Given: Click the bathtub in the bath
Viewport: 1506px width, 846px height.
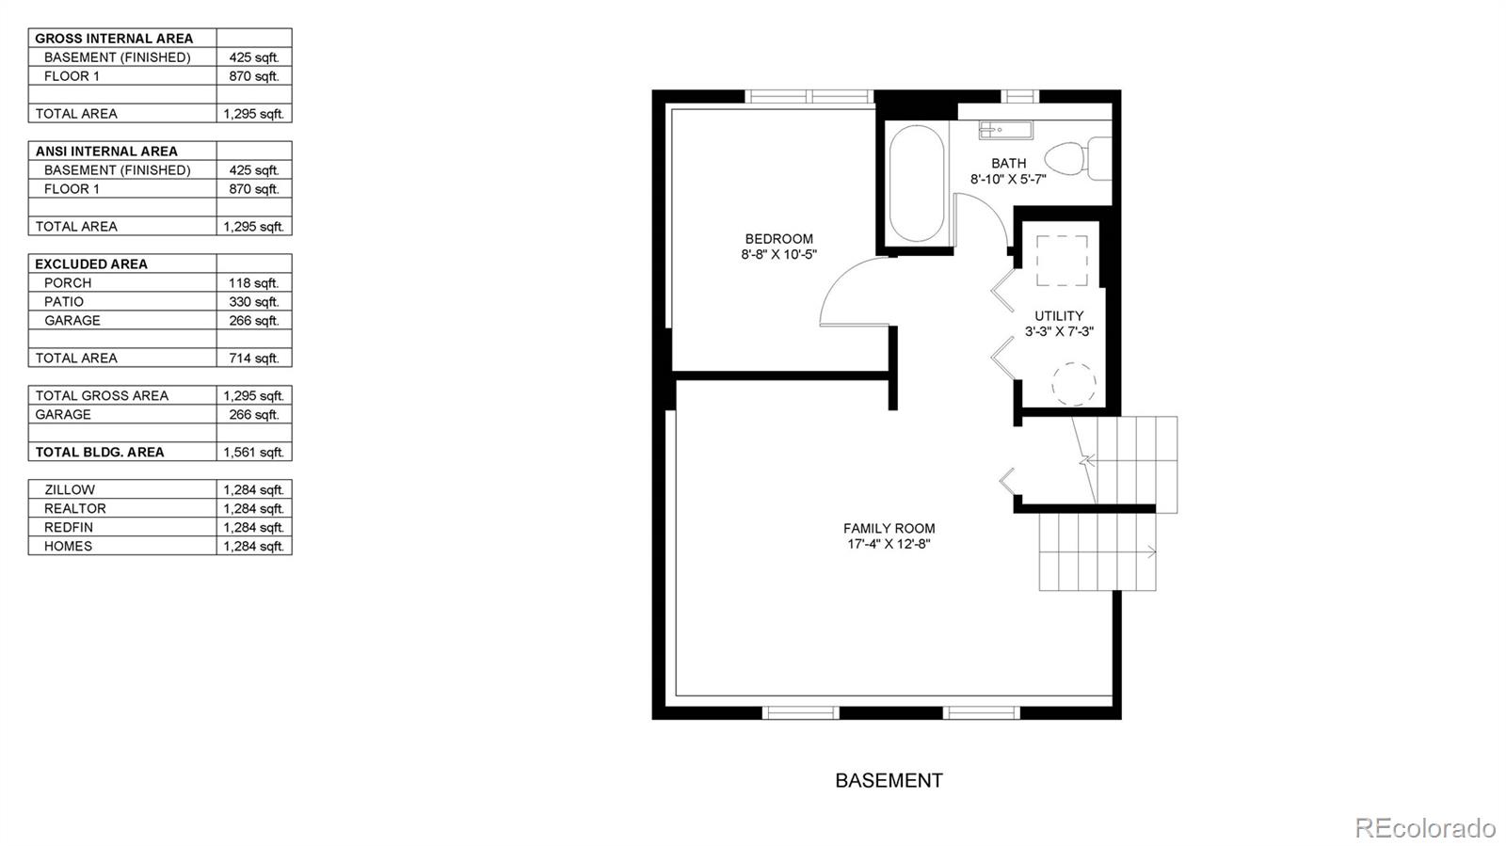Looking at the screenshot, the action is coord(916,183).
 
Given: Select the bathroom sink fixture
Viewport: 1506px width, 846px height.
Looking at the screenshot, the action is coord(1006,130).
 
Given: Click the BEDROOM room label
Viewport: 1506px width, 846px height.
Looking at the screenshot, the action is coord(778,238).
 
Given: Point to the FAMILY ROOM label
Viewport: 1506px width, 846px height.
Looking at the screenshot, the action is coord(889,529).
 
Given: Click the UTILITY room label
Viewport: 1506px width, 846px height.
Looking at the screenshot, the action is coord(1059,316).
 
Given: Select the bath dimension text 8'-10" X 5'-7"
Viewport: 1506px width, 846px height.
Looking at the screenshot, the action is coord(1008,180).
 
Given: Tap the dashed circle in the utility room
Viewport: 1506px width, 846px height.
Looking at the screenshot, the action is coord(1074,384).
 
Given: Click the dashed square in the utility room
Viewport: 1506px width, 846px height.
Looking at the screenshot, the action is coord(1063,261).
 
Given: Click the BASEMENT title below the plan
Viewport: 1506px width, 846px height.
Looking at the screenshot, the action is coord(889,780).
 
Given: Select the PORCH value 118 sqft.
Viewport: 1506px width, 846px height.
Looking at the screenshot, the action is coord(253,283).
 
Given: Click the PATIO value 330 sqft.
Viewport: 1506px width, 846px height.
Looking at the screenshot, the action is coord(253,302).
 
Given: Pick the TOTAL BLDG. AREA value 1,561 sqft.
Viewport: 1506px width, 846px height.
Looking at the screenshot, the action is coord(253,453).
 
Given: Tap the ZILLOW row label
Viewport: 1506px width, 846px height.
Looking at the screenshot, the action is coord(70,490).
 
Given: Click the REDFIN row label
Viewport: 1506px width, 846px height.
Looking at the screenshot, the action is coord(69,528).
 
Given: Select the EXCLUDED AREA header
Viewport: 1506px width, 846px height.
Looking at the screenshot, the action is coord(91,264).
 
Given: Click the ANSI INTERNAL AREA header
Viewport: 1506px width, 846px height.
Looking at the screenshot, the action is coord(106,152).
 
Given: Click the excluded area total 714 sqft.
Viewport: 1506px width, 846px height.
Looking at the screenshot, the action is coord(253,359).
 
